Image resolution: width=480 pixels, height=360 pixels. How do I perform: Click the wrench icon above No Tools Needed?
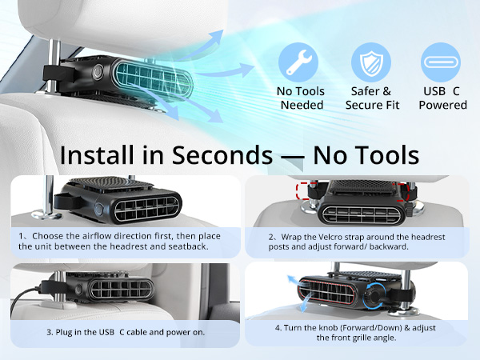(x=298, y=62)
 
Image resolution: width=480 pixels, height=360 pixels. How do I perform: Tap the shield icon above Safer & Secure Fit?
(x=371, y=62)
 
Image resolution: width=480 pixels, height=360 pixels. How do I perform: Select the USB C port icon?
(x=441, y=62)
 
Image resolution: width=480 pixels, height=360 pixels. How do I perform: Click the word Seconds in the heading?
(x=222, y=155)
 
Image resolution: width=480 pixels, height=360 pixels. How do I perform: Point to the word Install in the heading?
(x=97, y=155)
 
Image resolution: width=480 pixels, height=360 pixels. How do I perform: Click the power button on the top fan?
(x=98, y=73)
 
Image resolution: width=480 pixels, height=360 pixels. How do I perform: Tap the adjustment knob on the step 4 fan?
(x=373, y=296)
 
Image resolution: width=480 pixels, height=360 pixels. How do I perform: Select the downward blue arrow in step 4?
(x=306, y=303)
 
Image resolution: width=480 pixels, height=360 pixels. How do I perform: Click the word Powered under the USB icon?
(x=443, y=105)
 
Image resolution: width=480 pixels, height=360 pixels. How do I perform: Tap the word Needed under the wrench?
(x=302, y=105)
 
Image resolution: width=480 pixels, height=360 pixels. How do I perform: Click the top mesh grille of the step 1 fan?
(x=112, y=184)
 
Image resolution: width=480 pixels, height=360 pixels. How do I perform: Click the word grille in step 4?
(x=362, y=338)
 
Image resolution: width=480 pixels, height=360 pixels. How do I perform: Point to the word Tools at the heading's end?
(x=390, y=155)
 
